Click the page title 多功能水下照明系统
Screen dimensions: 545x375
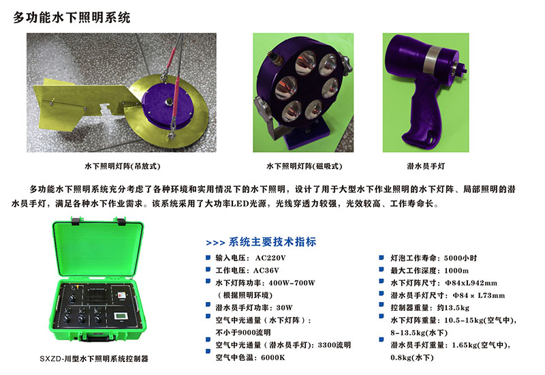[x=72, y=18]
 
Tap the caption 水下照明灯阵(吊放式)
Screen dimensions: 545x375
[x=123, y=166]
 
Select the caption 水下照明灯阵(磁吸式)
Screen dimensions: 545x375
[x=304, y=166]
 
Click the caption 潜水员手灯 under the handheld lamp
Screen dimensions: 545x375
[x=426, y=166]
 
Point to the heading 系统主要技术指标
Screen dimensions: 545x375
[x=272, y=242]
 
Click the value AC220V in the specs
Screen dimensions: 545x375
[x=270, y=258]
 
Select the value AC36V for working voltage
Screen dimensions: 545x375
[x=266, y=270]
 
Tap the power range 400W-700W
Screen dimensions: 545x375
[x=292, y=283]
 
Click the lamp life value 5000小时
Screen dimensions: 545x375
[x=461, y=258]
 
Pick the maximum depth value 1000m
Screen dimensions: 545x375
[x=456, y=271]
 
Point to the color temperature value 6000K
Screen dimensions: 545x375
[x=273, y=357]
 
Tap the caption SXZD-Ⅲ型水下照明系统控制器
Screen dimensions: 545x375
[x=94, y=359]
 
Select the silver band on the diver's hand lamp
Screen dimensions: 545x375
[x=436, y=57]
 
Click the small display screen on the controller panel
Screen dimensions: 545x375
[x=121, y=316]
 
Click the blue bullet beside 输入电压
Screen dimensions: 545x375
[x=208, y=258]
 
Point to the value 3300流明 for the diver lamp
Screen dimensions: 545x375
[x=334, y=345]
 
